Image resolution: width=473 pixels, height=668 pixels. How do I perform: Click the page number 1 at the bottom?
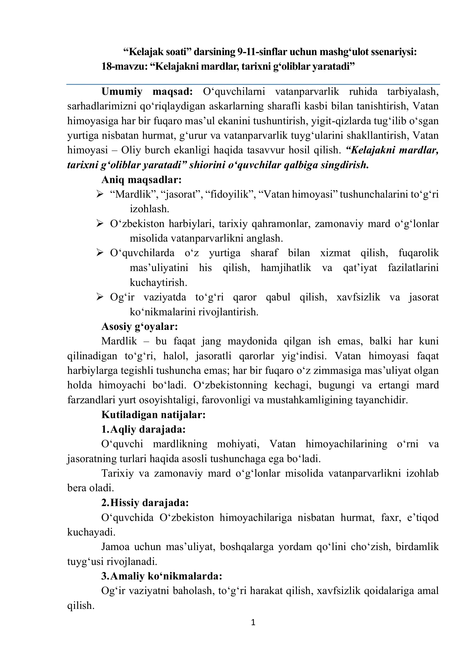click(x=253, y=622)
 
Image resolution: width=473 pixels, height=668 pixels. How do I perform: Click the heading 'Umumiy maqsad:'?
click(x=147, y=91)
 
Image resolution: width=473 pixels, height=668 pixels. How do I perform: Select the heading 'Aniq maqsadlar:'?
click(x=142, y=180)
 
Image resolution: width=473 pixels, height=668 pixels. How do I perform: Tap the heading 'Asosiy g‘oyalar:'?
click(x=140, y=326)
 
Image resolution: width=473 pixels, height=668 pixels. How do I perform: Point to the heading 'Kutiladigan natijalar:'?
click(x=154, y=414)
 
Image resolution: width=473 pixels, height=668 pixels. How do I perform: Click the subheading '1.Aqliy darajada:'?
click(x=143, y=429)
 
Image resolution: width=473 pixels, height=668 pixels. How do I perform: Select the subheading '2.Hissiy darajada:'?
click(x=145, y=502)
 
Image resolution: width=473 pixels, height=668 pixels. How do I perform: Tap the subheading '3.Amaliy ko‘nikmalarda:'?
click(x=162, y=576)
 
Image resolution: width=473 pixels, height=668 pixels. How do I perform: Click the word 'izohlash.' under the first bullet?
click(x=149, y=209)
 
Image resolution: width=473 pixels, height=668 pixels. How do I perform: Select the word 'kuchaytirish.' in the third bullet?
click(x=158, y=282)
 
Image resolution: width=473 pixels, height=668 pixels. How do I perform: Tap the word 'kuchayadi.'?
click(x=91, y=532)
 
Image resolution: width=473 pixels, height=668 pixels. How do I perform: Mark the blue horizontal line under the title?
click(x=253, y=84)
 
